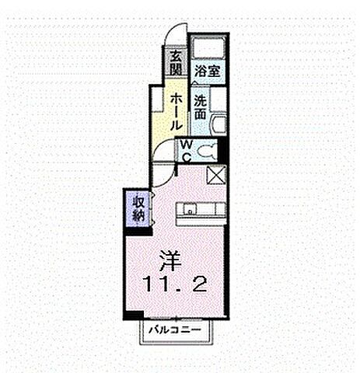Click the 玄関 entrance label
[175, 63]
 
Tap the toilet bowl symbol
[206, 151]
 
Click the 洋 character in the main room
[170, 258]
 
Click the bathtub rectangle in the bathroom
[210, 48]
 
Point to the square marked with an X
[216, 175]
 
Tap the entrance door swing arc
[178, 35]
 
